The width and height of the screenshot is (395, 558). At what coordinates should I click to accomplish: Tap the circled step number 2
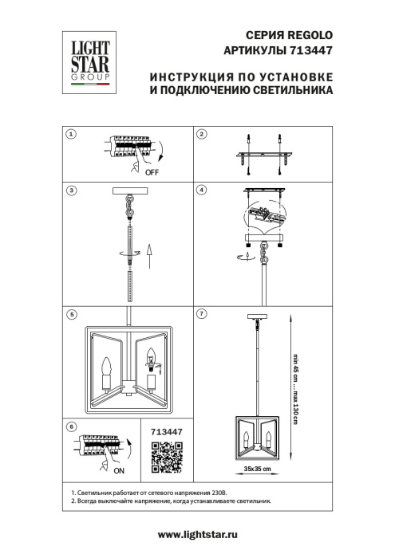(202, 135)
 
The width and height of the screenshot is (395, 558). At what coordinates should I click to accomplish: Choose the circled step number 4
(202, 191)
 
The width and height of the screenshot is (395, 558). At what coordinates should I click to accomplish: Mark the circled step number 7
(202, 313)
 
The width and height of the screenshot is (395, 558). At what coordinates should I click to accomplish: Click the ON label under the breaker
(128, 470)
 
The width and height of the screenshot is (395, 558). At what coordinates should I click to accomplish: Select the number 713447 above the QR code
(167, 431)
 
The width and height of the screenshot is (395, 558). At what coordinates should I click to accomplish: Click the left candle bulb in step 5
(105, 367)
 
